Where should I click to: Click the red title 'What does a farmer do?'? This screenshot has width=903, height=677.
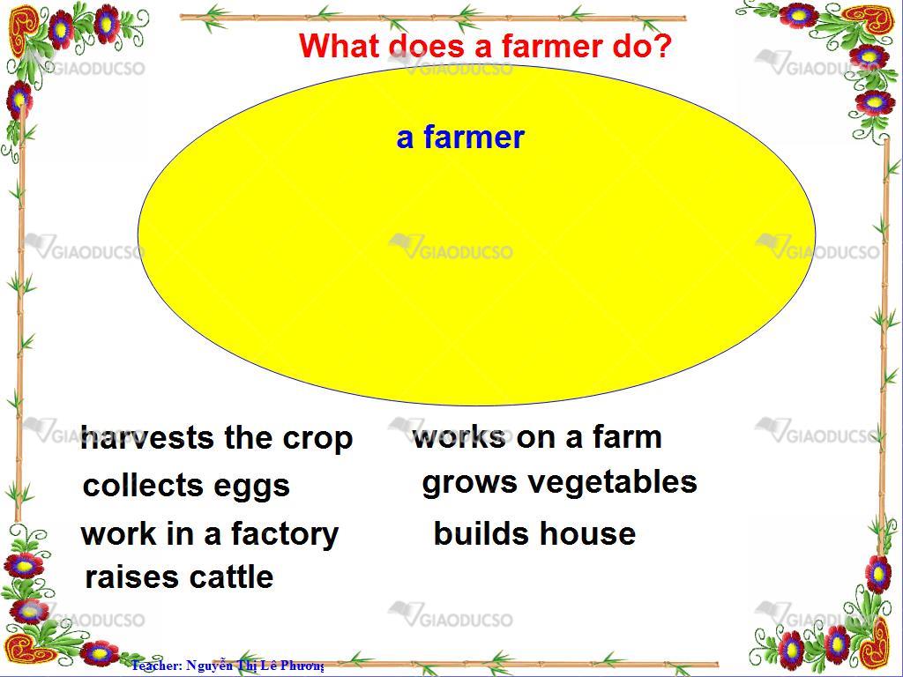coord(486,46)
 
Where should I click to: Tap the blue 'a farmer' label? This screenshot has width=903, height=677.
coord(460,138)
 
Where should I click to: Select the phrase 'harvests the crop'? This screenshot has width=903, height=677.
coord(217,439)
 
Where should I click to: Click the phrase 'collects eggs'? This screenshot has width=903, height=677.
coord(186,486)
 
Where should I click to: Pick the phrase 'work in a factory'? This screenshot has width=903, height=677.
coord(210,533)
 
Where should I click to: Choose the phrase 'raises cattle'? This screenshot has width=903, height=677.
coord(179,577)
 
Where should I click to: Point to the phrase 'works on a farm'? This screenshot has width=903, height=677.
coord(537,437)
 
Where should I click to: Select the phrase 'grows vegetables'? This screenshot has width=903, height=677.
coord(559,483)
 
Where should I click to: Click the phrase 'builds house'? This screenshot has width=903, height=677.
coord(534,533)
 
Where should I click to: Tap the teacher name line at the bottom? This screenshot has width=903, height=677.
coord(228,666)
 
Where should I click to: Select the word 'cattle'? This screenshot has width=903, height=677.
coord(231,577)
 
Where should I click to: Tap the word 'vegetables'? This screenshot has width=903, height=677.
coord(613,483)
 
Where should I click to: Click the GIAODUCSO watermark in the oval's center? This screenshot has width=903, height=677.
coord(451,248)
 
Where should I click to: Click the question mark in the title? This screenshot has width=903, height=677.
coord(663,46)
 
